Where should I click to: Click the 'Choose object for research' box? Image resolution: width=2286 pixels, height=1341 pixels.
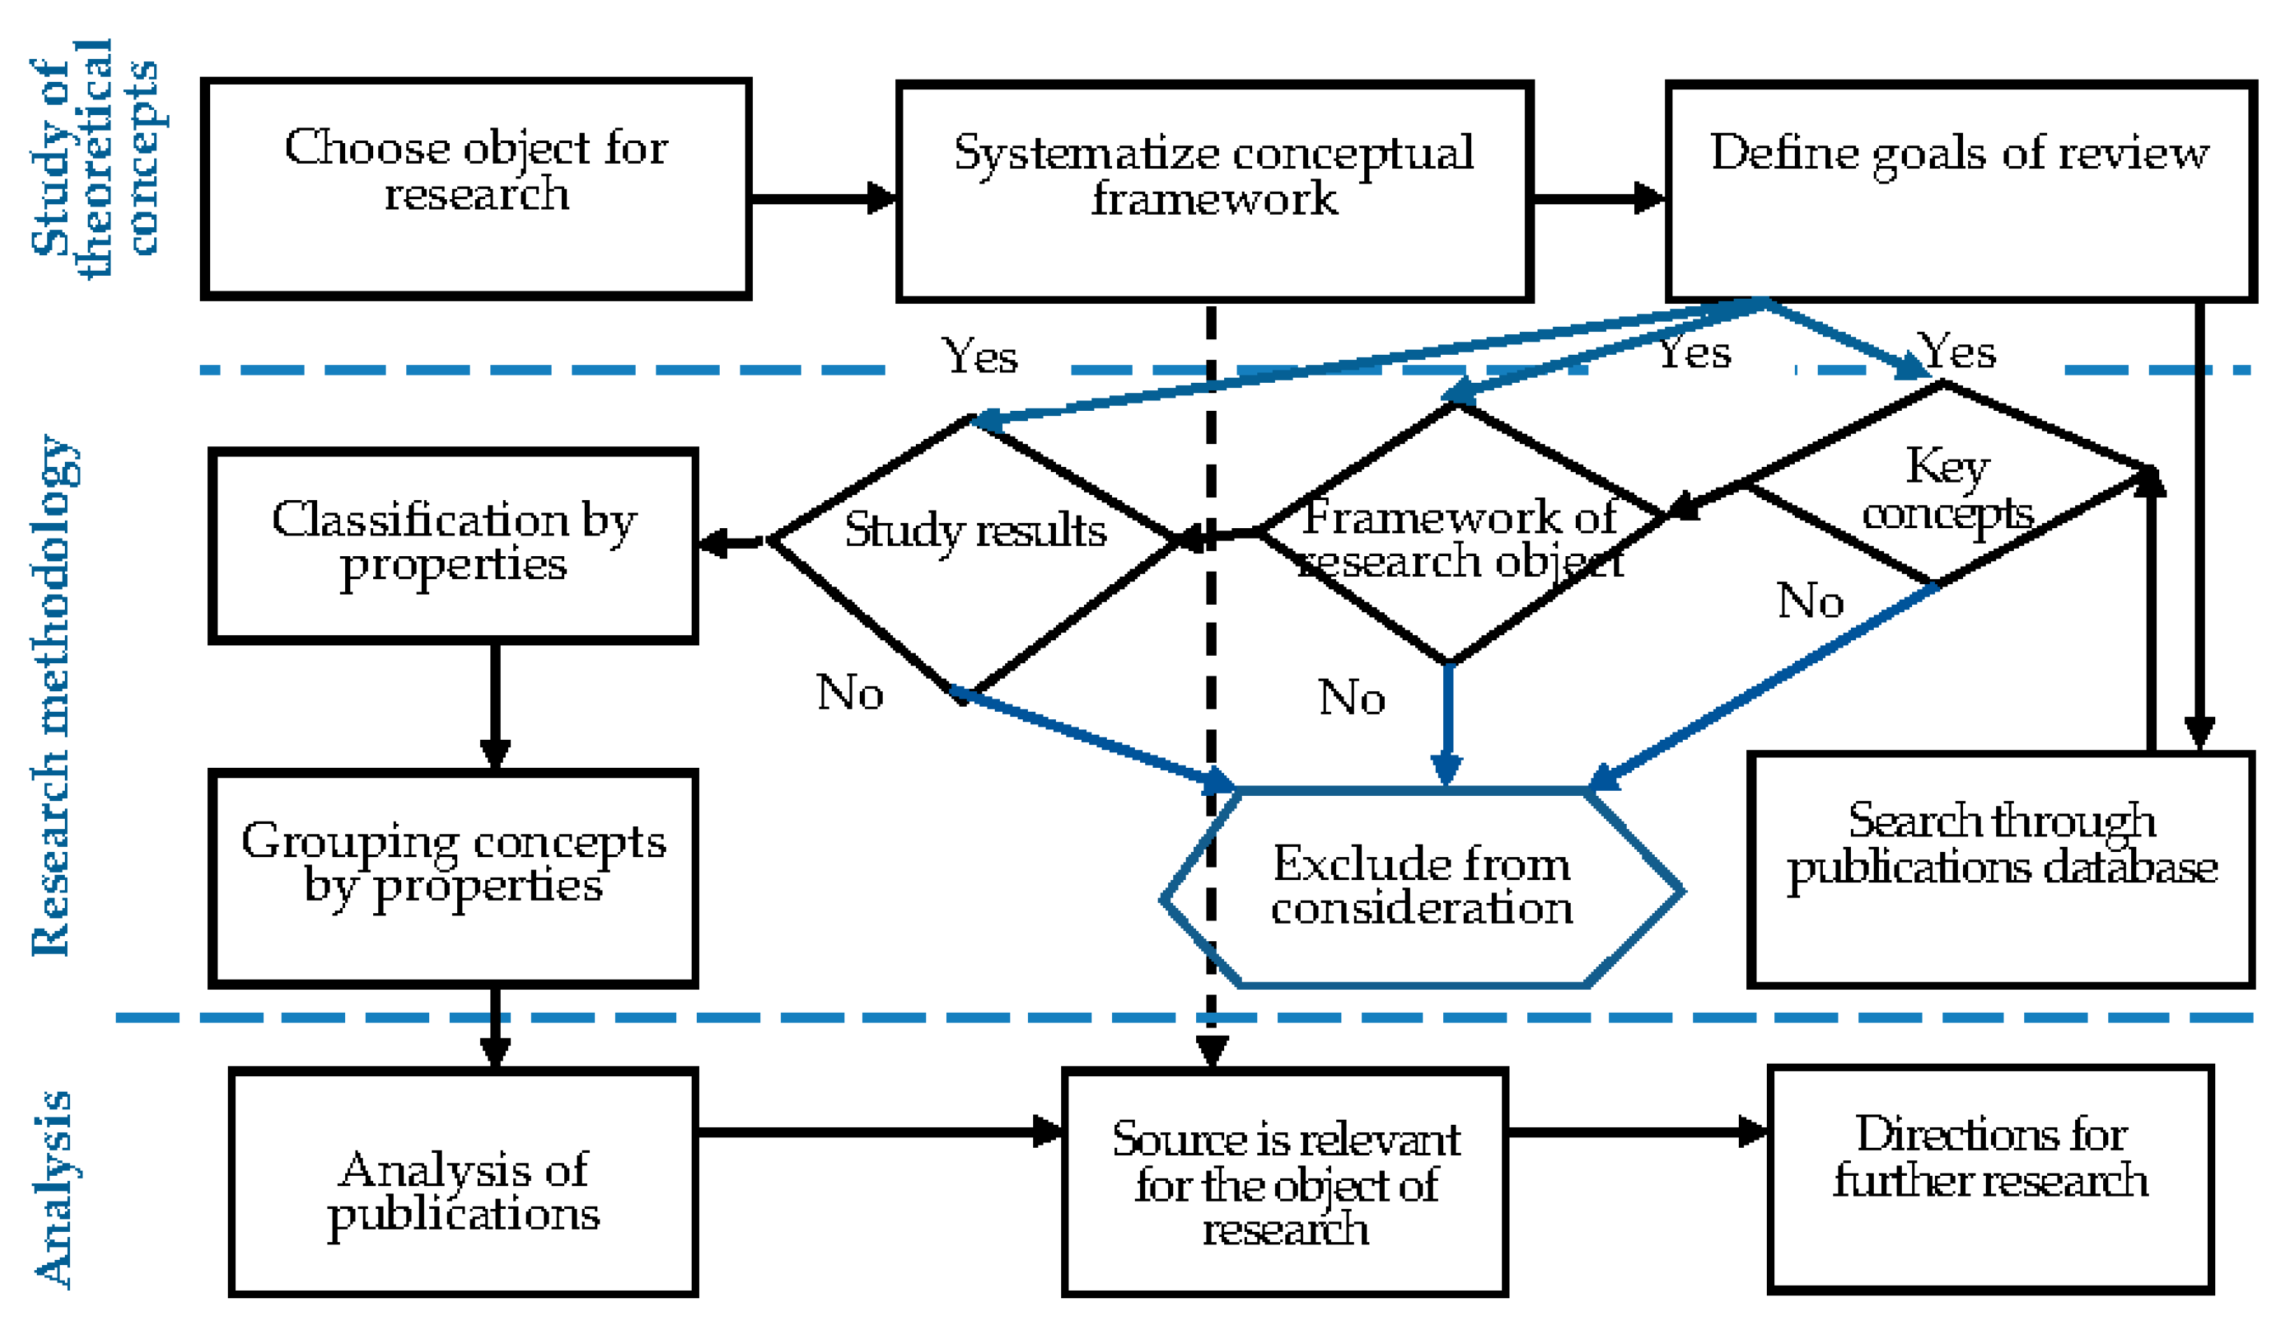[x=476, y=189]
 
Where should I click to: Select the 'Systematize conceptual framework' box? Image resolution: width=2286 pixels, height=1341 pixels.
[x=1214, y=192]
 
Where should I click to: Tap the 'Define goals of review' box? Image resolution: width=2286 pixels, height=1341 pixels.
[x=1959, y=192]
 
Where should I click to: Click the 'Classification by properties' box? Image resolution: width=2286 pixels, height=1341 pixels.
[x=453, y=545]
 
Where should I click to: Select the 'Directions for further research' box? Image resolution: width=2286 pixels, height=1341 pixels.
[x=1990, y=1179]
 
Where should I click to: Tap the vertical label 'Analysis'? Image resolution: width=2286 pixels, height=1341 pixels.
[x=52, y=1188]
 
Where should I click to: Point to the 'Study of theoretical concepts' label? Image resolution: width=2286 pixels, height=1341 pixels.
[x=94, y=159]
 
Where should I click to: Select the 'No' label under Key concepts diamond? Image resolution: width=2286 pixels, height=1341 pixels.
[x=1810, y=600]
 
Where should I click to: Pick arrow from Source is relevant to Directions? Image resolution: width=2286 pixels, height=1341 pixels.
[x=1636, y=1132]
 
